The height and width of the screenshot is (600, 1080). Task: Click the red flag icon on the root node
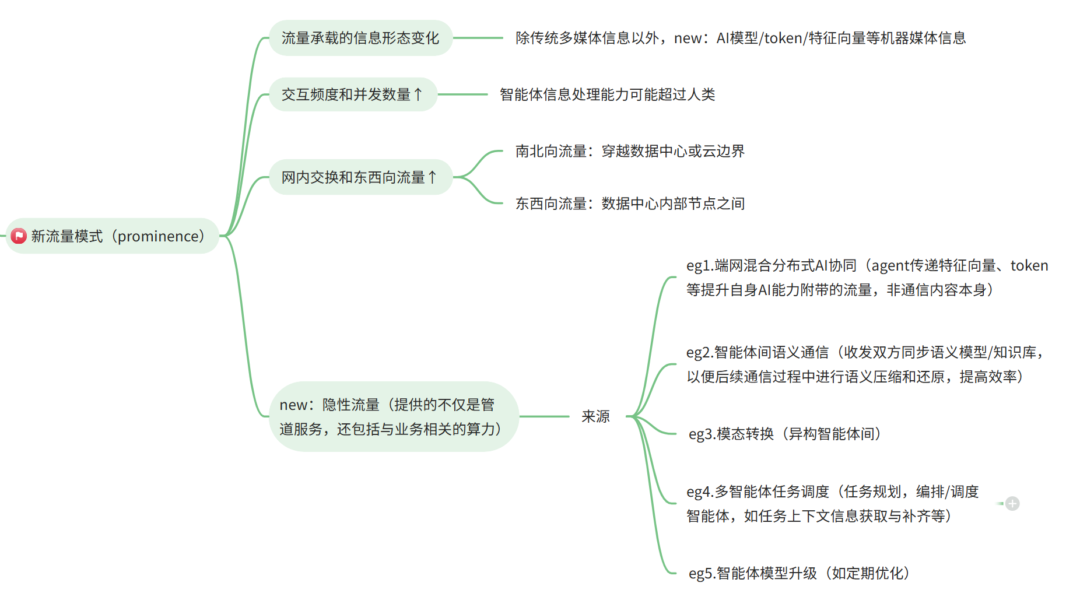(19, 236)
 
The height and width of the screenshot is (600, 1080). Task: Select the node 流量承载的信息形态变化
(360, 38)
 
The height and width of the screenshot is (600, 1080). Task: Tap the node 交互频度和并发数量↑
(352, 94)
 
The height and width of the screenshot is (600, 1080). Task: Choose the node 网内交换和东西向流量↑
(360, 177)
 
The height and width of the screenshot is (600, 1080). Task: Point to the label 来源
(595, 416)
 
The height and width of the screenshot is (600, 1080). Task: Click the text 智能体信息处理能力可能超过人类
(607, 94)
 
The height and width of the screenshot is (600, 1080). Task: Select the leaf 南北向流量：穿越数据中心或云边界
(630, 152)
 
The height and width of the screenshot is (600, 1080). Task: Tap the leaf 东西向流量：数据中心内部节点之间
(630, 203)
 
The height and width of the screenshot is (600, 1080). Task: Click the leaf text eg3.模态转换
(784, 434)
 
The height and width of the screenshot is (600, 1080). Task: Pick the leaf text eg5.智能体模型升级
(798, 573)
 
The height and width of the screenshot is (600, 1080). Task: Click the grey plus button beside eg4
(1012, 504)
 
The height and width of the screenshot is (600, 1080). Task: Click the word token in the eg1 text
(1029, 266)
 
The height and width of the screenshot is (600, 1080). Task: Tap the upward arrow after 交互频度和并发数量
(418, 94)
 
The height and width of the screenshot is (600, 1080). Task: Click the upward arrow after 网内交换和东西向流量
(432, 177)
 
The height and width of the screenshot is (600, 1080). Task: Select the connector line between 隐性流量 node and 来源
(543, 416)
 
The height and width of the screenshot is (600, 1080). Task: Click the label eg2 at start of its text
(697, 353)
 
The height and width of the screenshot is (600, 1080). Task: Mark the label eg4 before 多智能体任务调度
(698, 492)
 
